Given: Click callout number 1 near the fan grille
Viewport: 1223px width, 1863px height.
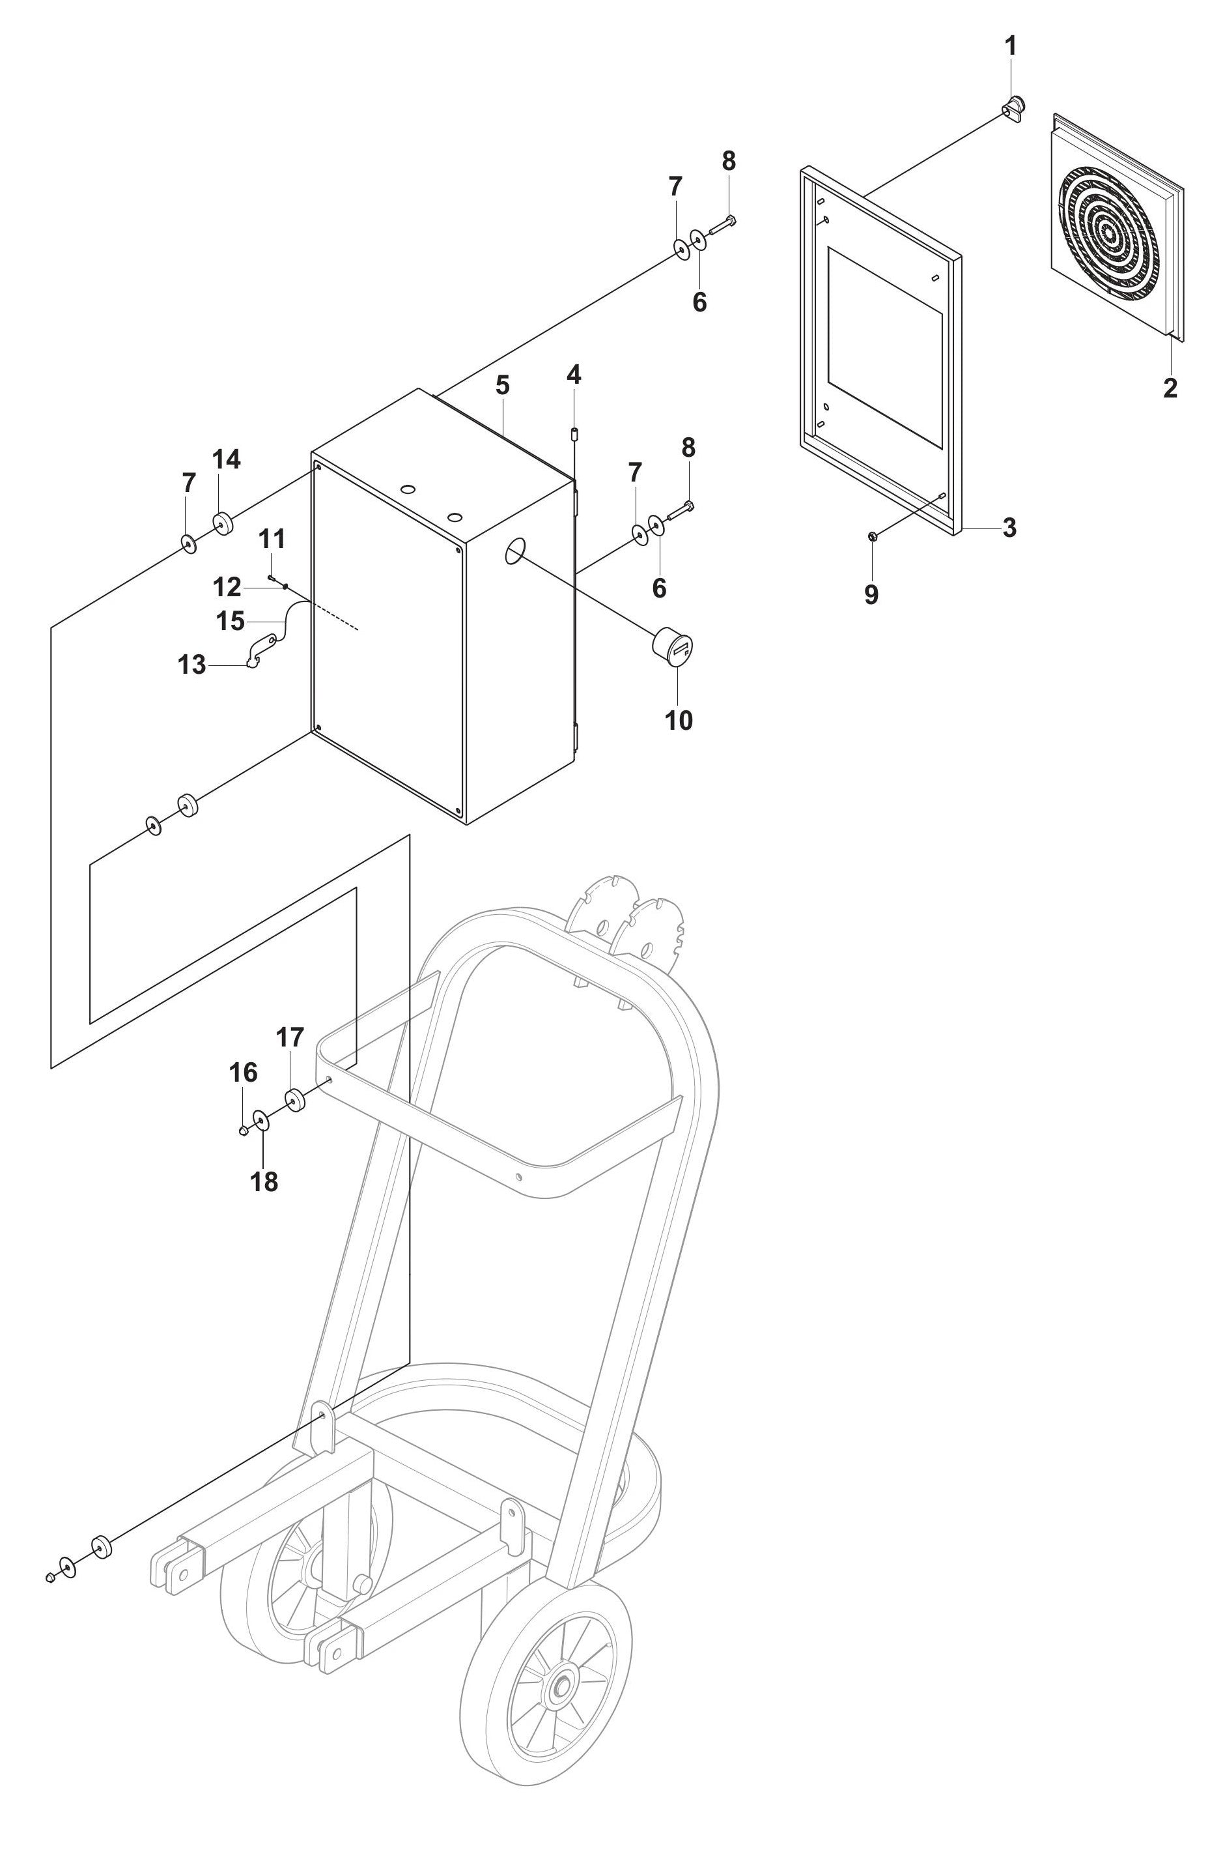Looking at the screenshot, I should coord(1010,46).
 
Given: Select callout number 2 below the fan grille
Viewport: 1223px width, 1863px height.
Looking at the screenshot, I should coord(1170,386).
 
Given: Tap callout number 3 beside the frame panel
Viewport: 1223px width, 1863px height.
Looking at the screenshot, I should coord(1009,528).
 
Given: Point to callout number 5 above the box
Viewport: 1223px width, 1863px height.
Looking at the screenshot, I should coord(502,385).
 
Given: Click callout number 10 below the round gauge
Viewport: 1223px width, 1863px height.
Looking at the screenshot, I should coord(679,720).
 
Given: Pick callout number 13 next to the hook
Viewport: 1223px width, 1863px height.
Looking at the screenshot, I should coord(191,665).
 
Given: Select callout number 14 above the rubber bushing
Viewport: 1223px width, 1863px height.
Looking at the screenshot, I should coord(226,459).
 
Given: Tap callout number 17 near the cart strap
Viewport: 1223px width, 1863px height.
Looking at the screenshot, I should coord(290,1038).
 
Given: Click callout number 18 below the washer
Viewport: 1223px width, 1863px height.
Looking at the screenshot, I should coord(264,1181).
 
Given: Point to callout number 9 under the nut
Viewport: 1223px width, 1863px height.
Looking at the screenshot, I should coord(871,595).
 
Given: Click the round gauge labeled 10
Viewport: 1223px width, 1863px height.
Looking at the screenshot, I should coord(675,646).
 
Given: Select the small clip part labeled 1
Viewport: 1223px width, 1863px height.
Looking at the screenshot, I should coord(1014,104).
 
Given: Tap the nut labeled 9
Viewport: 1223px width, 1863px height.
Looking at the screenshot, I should coord(872,536).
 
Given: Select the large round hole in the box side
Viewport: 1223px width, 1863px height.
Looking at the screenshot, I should coord(513,551).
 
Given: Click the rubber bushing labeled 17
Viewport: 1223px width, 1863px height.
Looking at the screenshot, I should coord(294,1100).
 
